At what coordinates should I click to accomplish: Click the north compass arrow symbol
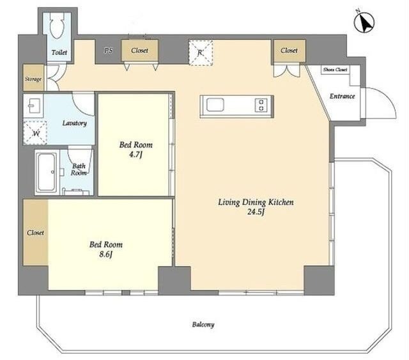[x=364, y=22]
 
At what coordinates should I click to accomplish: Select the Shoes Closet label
[x=335, y=70]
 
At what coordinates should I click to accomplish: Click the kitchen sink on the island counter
[x=215, y=105]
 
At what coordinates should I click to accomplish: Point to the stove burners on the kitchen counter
[x=261, y=105]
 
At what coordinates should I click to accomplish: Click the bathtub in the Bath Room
[x=47, y=172]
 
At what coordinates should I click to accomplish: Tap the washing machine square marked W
[x=35, y=133]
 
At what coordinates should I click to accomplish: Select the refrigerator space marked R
[x=200, y=52]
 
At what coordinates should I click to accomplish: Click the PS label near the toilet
[x=108, y=50]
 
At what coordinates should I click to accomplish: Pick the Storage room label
[x=33, y=79]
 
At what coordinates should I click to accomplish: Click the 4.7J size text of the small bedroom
[x=135, y=155]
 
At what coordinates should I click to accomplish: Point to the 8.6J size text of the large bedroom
[x=105, y=254]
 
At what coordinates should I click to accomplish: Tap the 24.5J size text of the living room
[x=256, y=212]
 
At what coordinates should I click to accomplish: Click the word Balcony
[x=203, y=325]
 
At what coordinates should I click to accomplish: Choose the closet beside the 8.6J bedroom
[x=36, y=232]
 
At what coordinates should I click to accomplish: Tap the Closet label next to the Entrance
[x=289, y=50]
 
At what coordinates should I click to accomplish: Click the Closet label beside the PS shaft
[x=139, y=50]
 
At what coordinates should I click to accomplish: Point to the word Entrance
[x=343, y=96]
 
